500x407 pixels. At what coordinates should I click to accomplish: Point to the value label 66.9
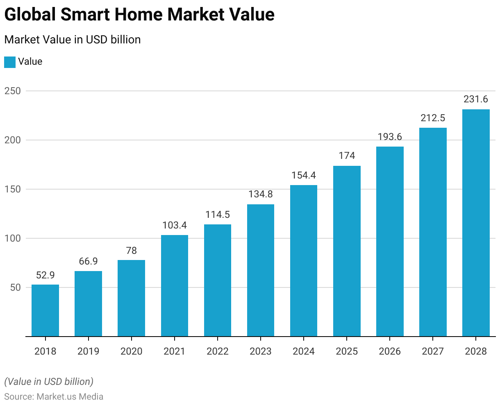88,261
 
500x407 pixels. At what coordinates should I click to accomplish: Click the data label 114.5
218,215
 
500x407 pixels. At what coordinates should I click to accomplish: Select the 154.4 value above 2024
304,175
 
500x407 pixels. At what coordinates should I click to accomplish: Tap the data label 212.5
433,118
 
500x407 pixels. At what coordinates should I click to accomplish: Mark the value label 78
131,250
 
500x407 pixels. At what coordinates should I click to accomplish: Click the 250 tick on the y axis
12,91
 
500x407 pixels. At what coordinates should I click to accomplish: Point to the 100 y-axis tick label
12,238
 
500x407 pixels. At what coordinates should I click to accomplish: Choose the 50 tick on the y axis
15,287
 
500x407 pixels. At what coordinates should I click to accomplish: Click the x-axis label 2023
261,351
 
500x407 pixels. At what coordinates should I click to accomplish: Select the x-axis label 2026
390,351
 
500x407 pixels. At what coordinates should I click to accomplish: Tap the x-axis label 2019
88,351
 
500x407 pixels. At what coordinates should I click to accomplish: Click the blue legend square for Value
10,62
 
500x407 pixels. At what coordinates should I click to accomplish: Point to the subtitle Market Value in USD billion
72,40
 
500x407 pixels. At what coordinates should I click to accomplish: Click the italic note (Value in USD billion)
49,382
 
